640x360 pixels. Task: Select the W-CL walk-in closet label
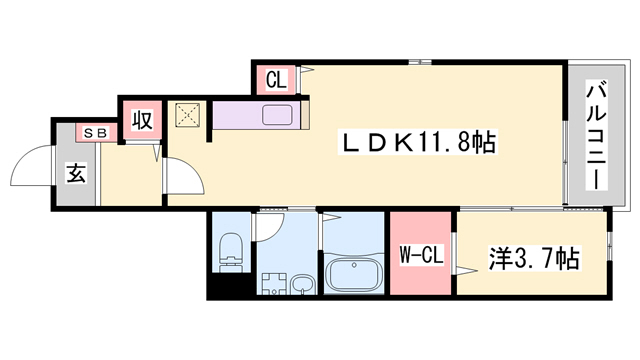[x=422, y=257]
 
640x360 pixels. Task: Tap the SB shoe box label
[x=98, y=132]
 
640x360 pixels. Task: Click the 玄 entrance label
[x=76, y=172]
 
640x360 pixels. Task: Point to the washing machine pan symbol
[x=270, y=284]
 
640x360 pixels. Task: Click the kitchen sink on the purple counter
[x=278, y=115]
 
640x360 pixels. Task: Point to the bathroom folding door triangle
[x=326, y=216]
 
